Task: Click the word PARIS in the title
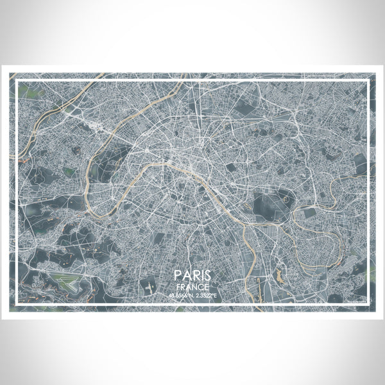tap(193, 275)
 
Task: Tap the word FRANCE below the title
tap(193, 286)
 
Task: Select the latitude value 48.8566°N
tap(178, 295)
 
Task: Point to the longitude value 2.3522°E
tap(207, 295)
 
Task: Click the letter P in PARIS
tap(176, 275)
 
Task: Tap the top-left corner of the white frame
tap(15, 78)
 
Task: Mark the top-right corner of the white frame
tap(370, 78)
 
